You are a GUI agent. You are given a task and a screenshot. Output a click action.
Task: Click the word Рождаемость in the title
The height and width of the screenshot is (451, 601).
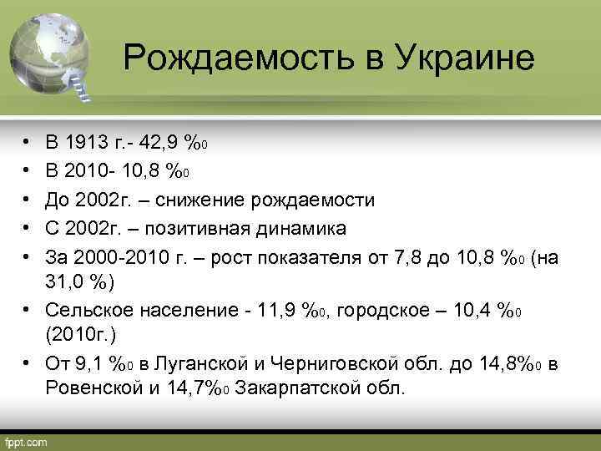(230, 58)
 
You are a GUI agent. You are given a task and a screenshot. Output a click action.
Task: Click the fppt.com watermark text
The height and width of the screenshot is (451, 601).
(28, 440)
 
